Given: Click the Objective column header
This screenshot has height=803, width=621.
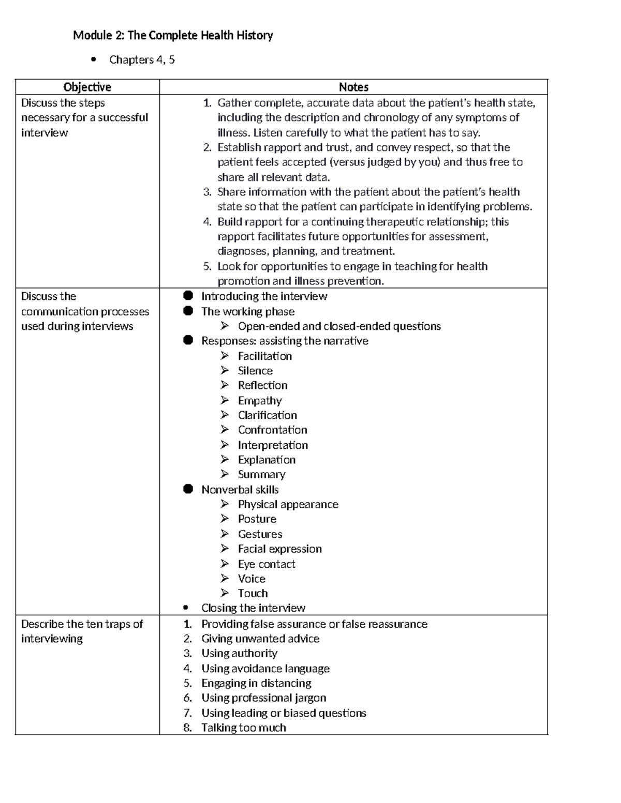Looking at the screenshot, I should point(87,87).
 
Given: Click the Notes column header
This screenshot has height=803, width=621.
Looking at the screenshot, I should point(353,87).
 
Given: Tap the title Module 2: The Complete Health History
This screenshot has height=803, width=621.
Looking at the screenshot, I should point(173,35).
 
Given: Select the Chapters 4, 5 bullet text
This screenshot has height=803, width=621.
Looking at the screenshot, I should point(142,60).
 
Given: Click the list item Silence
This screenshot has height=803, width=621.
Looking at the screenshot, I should point(255,371).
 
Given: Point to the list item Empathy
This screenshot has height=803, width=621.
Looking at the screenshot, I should point(260,401).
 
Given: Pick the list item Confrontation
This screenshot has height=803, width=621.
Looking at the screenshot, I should point(272,430).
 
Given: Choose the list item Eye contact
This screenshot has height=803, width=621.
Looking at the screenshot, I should point(267,564).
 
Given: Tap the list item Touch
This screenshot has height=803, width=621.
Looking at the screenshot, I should point(253,594).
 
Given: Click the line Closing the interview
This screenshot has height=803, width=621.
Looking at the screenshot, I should point(253,608).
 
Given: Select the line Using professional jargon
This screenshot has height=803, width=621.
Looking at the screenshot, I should point(263,698).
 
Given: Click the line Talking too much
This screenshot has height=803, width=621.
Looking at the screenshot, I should point(243,728).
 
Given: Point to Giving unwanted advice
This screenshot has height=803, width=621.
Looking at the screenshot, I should point(260,639).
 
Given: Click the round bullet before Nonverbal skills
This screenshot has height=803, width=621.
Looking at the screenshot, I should point(188,489).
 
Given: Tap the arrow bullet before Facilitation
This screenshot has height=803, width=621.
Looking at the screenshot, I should point(225,356).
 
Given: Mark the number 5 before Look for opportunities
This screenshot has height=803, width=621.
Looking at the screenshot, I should point(207,266).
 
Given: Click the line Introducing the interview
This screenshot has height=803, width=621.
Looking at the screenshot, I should point(264,296).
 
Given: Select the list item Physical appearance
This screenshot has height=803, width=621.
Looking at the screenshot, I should point(288,505).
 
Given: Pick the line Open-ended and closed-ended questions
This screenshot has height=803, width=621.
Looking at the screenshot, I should point(339,326).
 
